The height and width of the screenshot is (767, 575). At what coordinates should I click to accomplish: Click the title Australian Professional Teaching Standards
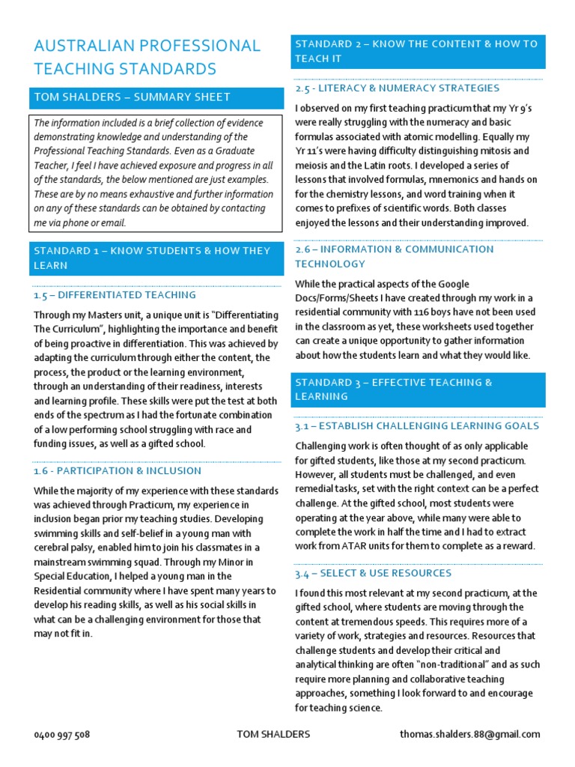[x=147, y=58]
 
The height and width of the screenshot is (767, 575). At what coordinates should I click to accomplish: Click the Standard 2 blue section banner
[x=417, y=51]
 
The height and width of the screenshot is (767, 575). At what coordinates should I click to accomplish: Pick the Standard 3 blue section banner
[x=417, y=389]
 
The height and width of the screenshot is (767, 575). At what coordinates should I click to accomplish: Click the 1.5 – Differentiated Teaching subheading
[x=115, y=295]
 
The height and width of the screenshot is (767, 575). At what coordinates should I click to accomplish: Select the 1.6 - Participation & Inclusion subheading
[x=118, y=471]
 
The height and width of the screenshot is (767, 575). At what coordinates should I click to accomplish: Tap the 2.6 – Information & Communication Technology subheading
[x=394, y=256]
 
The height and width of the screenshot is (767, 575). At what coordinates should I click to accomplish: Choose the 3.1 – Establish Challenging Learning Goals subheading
[x=416, y=426]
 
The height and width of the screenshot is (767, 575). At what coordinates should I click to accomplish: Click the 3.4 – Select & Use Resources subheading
[x=373, y=573]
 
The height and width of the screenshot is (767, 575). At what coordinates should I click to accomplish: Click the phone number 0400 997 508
[x=62, y=735]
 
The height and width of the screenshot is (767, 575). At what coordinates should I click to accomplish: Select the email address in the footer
[x=469, y=735]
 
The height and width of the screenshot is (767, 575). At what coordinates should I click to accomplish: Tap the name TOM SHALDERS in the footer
[x=273, y=735]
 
